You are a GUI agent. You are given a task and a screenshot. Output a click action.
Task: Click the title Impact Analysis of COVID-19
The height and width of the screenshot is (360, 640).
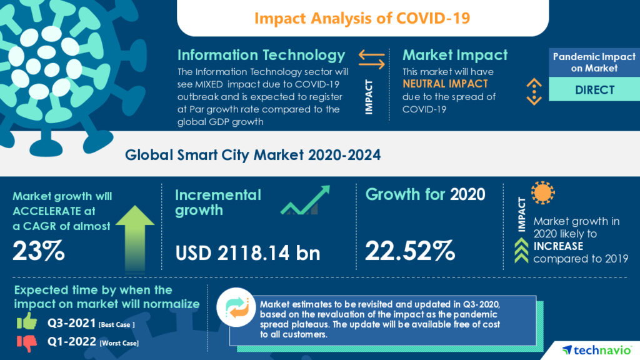362,17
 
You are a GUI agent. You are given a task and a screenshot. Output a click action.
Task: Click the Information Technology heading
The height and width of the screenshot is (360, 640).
261,55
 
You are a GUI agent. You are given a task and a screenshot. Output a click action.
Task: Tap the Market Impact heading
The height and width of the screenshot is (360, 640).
455,55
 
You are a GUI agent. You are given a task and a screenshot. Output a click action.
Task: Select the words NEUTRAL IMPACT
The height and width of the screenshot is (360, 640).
445,83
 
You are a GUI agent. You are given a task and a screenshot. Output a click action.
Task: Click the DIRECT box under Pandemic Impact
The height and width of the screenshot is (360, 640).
594,90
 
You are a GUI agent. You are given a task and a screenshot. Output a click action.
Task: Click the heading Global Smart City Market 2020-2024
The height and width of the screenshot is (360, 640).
252,155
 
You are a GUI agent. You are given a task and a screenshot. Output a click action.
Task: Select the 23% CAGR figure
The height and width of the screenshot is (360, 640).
39,251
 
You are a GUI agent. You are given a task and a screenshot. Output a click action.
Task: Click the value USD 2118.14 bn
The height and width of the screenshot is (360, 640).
247,252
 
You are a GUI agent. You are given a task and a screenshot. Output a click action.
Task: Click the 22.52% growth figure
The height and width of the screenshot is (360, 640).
409,251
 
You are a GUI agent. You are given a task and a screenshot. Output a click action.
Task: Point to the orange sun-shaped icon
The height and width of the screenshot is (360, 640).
542,194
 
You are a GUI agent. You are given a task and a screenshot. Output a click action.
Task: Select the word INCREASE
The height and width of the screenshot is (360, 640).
558,246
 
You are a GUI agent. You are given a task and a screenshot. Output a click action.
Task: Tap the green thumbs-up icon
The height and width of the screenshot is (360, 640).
26,321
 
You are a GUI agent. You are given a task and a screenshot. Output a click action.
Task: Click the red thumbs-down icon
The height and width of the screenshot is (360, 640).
26,342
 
